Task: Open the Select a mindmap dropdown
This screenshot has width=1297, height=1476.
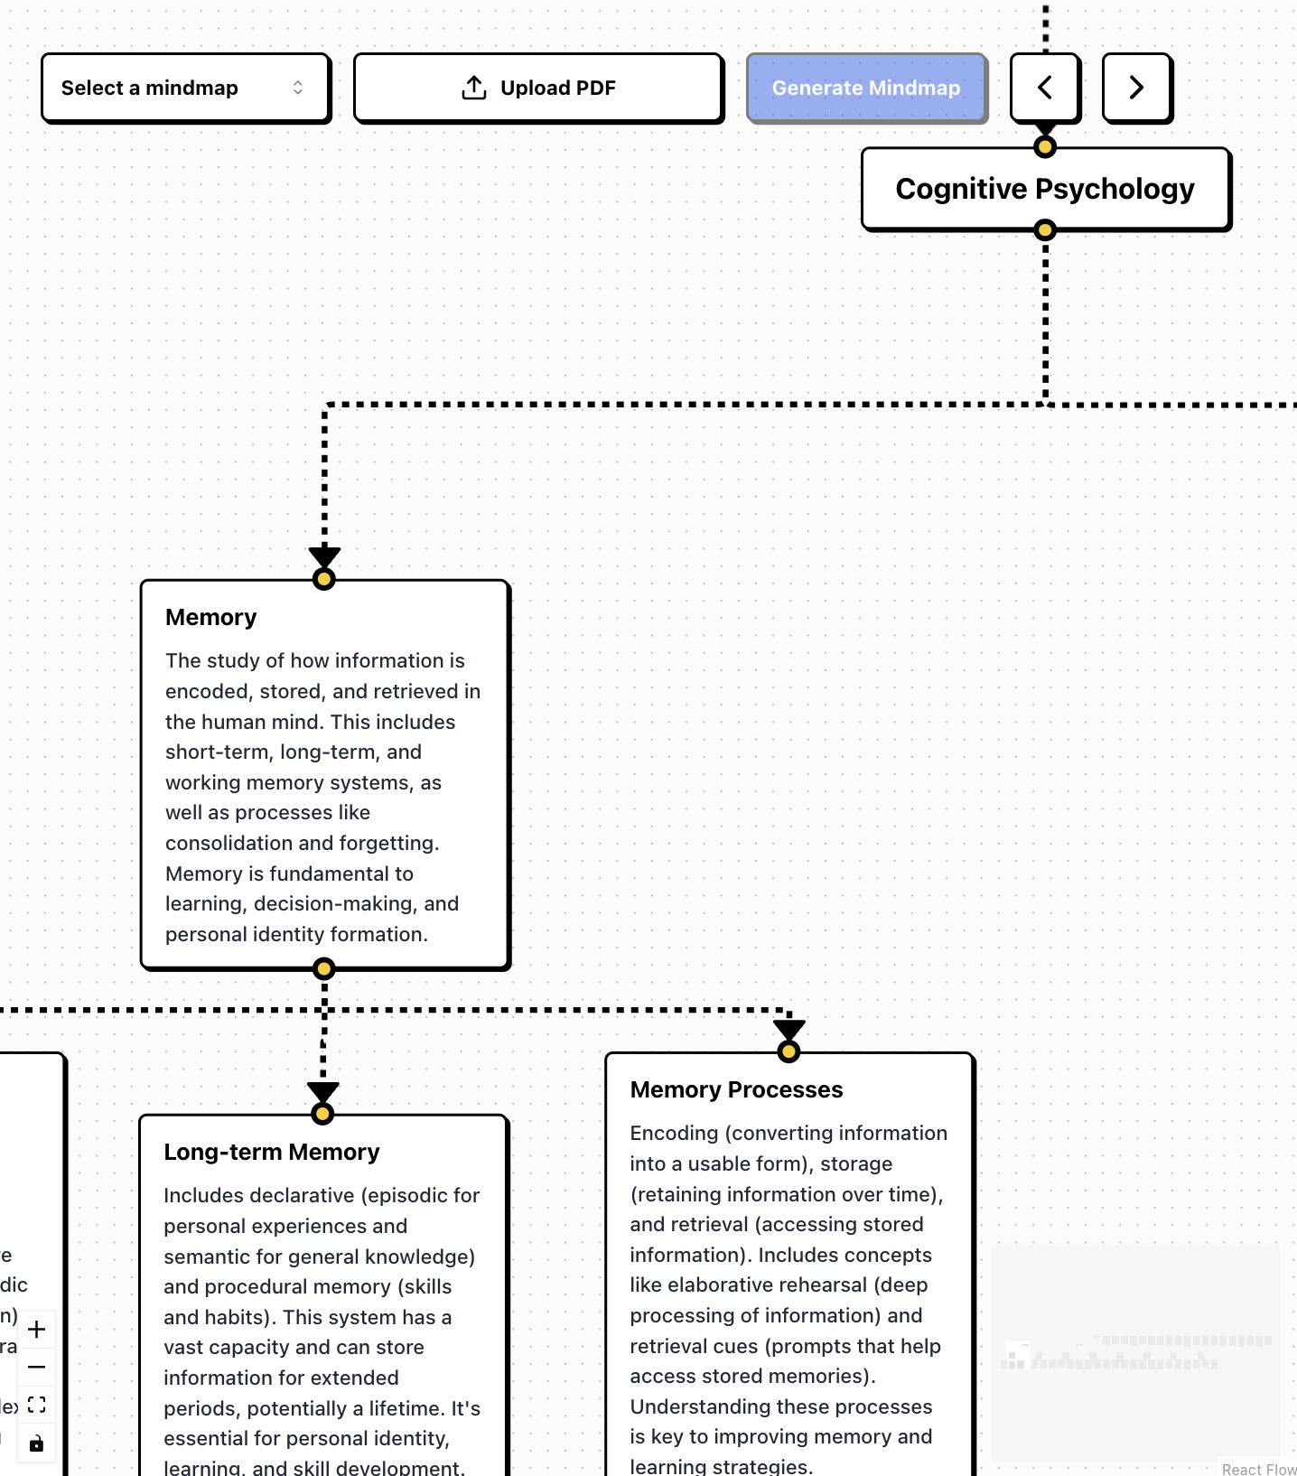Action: [185, 88]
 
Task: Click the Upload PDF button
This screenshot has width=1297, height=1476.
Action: [538, 88]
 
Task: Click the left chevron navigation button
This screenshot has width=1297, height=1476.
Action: [1045, 88]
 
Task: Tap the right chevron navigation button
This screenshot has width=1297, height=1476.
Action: [1136, 88]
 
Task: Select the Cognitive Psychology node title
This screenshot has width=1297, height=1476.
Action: [1045, 189]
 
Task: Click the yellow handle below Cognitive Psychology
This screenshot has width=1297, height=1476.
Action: [1045, 230]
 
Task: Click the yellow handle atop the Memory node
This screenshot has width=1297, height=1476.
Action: [323, 579]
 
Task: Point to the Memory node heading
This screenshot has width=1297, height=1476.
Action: [211, 617]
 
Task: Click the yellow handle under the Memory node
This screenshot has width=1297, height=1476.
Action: [323, 969]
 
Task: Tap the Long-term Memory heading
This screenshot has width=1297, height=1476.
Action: [271, 1152]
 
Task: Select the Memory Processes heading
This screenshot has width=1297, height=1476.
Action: [736, 1089]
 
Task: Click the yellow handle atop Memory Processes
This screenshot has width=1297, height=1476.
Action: [788, 1051]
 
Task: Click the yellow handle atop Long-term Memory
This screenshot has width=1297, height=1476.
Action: [322, 1114]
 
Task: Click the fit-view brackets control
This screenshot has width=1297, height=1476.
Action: [37, 1405]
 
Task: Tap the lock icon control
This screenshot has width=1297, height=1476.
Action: [37, 1443]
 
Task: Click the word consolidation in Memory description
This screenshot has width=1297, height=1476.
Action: [229, 843]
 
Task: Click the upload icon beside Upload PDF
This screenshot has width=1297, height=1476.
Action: [474, 88]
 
